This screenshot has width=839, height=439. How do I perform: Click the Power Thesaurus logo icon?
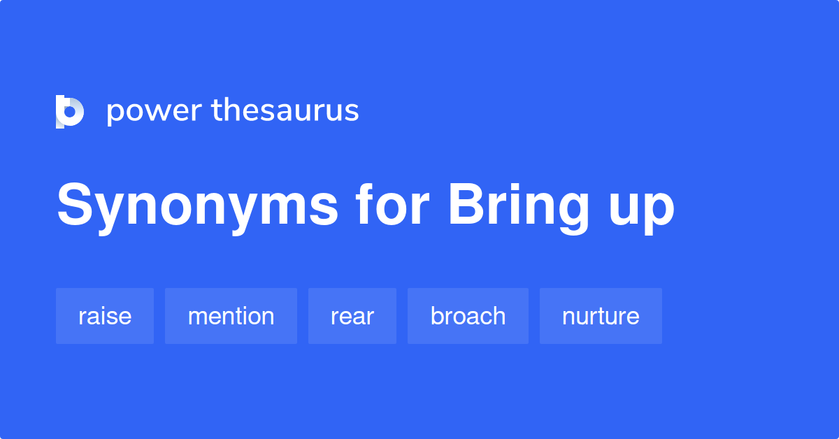pyautogui.click(x=70, y=112)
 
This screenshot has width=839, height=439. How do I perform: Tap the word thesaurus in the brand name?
pyautogui.click(x=285, y=110)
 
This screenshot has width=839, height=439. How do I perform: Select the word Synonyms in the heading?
pyautogui.click(x=198, y=206)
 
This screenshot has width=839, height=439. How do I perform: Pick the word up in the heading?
pyautogui.click(x=642, y=208)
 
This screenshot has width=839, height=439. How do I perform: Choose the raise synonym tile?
pyautogui.click(x=105, y=316)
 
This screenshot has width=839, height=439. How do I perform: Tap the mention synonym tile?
pyautogui.click(x=231, y=316)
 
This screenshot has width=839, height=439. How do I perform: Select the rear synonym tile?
pyautogui.click(x=352, y=316)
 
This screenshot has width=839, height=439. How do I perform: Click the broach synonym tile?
pyautogui.click(x=468, y=316)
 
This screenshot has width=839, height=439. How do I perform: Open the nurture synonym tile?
pyautogui.click(x=601, y=316)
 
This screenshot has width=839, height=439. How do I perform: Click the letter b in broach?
pyautogui.click(x=436, y=316)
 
